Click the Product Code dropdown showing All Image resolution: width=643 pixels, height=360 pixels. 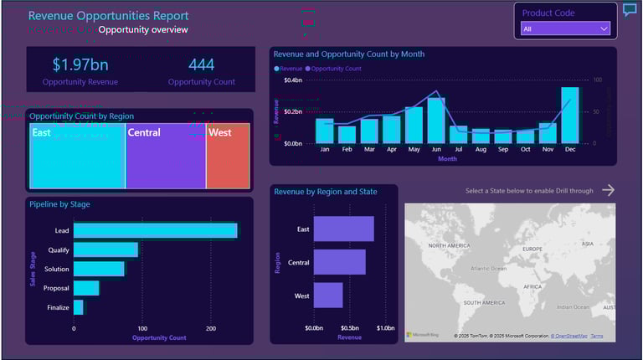(x=565, y=28)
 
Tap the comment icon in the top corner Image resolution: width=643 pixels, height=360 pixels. (x=630, y=10)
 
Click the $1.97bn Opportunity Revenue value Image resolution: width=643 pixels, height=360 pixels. (x=80, y=64)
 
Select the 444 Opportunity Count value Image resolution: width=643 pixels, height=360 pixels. (x=201, y=64)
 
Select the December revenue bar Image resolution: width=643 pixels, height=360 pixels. (x=570, y=115)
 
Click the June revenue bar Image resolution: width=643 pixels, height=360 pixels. (x=436, y=121)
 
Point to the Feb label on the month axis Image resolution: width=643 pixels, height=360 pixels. (x=347, y=149)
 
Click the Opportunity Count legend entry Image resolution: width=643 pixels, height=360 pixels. (x=336, y=69)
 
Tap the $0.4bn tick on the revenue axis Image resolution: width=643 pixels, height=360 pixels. (x=293, y=80)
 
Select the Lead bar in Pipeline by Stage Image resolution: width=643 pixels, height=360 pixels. (x=156, y=231)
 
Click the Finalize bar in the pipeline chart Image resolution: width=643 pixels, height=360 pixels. (x=79, y=307)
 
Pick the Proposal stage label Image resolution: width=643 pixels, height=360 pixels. (x=57, y=288)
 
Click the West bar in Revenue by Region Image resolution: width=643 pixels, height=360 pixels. (x=328, y=295)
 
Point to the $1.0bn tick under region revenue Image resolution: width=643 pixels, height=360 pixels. (x=386, y=328)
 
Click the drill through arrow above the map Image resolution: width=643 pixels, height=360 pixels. (x=609, y=191)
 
